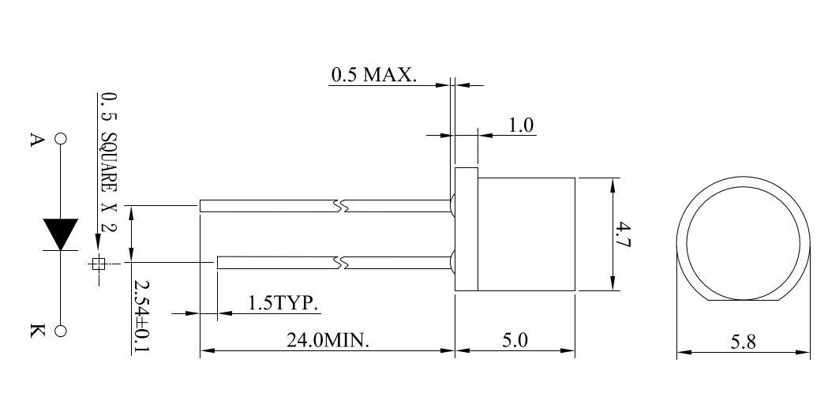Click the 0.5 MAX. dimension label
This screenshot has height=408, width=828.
pyautogui.click(x=374, y=74)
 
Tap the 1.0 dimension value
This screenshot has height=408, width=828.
pyautogui.click(x=521, y=125)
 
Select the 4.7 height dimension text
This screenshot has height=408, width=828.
pyautogui.click(x=624, y=234)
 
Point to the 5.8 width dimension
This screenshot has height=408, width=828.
pyautogui.click(x=743, y=342)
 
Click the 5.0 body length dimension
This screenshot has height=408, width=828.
pyautogui.click(x=515, y=340)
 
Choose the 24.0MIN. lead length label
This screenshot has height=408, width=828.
pyautogui.click(x=328, y=340)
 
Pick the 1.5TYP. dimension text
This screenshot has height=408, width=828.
pyautogui.click(x=283, y=303)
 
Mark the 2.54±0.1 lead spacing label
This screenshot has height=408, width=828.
pyautogui.click(x=141, y=316)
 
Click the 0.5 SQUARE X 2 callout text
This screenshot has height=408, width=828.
pyautogui.click(x=109, y=162)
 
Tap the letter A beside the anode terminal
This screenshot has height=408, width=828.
pyautogui.click(x=36, y=140)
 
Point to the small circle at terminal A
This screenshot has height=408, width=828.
pyautogui.click(x=61, y=138)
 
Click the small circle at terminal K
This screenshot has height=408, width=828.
pyautogui.click(x=61, y=331)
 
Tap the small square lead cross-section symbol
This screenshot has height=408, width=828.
pyautogui.click(x=98, y=263)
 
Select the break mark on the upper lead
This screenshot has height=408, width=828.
pyautogui.click(x=341, y=206)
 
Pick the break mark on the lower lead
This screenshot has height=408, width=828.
pyautogui.click(x=341, y=262)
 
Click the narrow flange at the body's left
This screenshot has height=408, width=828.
pyautogui.click(x=466, y=229)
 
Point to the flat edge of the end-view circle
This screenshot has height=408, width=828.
pyautogui.click(x=744, y=301)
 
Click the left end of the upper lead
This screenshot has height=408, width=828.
pyautogui.click(x=200, y=206)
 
